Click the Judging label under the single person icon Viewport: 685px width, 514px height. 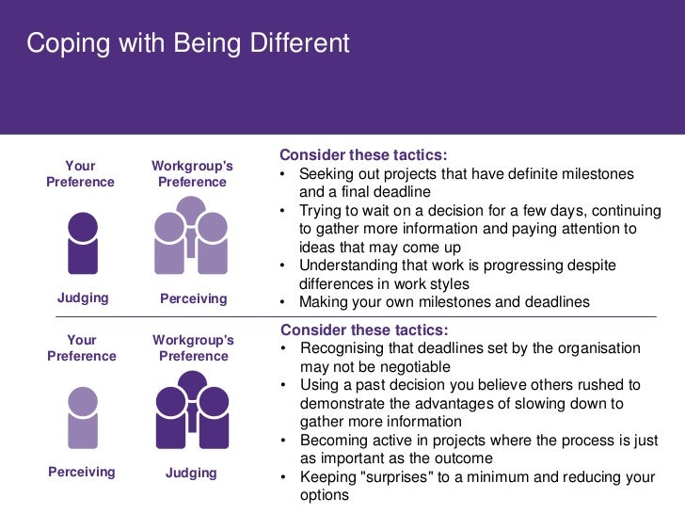click(x=83, y=298)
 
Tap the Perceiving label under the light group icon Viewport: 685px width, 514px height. click(x=194, y=298)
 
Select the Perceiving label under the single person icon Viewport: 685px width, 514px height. click(x=81, y=472)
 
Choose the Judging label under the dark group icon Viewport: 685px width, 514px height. click(x=191, y=473)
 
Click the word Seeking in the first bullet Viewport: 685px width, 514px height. click(x=327, y=174)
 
